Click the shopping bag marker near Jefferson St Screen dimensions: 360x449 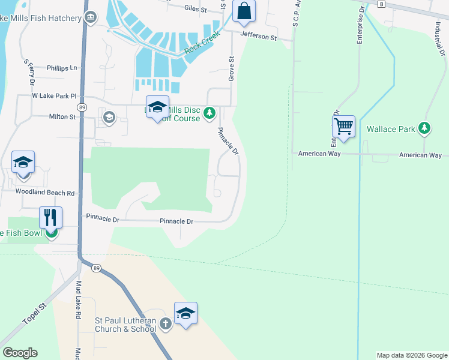click(244, 11)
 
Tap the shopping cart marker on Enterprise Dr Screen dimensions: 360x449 click(343, 127)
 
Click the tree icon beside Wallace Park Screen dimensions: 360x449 click(424, 128)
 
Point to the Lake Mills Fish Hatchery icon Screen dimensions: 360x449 click(91, 18)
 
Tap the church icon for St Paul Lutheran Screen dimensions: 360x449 click(166, 324)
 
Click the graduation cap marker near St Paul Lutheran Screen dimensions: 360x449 click(186, 313)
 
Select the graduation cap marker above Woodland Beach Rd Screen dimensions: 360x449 click(23, 163)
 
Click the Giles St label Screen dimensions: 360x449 click(196, 10)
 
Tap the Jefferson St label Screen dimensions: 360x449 click(259, 37)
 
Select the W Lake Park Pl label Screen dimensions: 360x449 click(55, 96)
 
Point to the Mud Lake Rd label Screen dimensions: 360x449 click(78, 295)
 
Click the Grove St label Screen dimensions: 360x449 click(231, 69)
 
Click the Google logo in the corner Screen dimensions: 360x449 click(20, 353)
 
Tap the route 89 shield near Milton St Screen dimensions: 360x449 click(82, 107)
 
